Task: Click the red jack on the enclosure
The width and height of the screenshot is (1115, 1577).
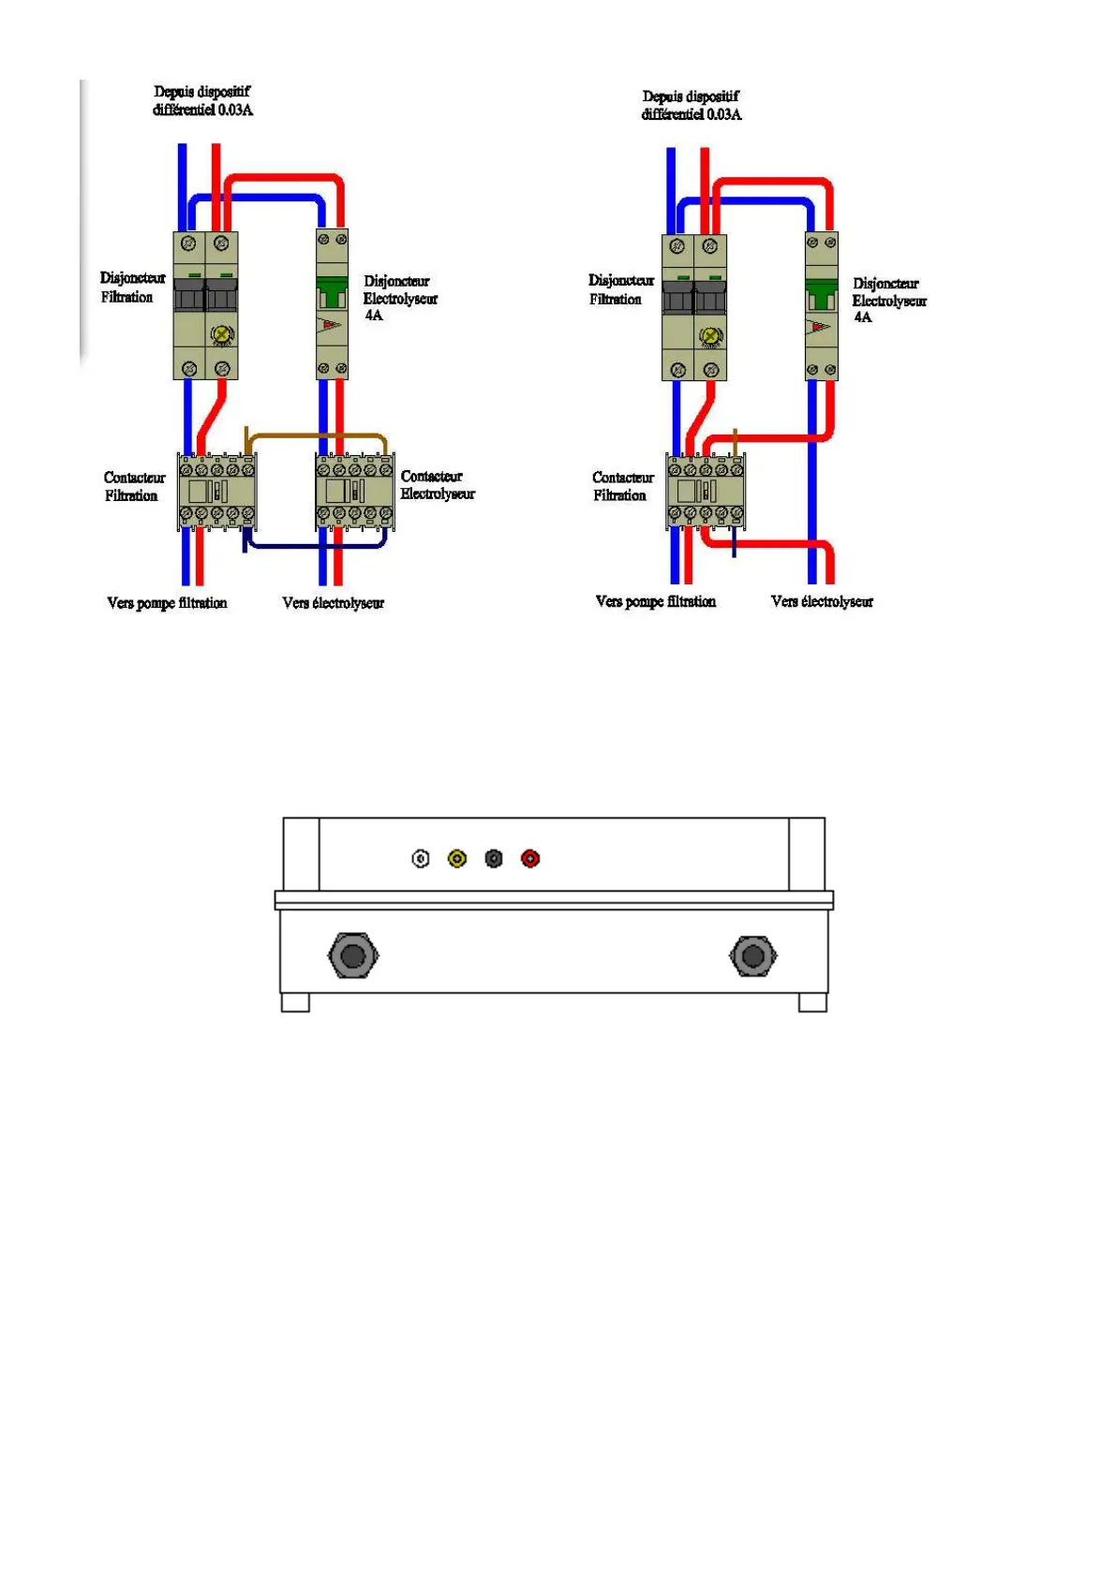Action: click(530, 858)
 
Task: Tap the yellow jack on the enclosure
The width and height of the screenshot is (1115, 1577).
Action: click(457, 858)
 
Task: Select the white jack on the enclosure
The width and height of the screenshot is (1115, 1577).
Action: click(421, 858)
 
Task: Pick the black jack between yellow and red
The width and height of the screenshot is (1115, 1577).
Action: click(494, 858)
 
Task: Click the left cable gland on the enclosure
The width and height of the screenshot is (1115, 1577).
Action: click(352, 955)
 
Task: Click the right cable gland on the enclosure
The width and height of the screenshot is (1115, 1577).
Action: click(752, 955)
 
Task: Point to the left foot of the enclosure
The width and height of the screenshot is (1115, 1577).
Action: click(295, 1002)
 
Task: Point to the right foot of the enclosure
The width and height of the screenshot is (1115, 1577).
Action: click(812, 1002)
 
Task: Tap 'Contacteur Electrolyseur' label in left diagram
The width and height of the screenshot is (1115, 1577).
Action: click(437, 485)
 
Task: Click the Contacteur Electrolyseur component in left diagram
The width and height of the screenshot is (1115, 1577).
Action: click(354, 492)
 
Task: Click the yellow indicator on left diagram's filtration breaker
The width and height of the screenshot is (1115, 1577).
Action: click(222, 334)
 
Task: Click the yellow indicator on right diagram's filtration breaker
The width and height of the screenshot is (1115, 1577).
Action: click(711, 337)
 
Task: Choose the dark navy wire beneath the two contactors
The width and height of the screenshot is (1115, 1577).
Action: click(315, 546)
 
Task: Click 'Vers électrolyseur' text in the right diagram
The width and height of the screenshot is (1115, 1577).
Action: click(822, 601)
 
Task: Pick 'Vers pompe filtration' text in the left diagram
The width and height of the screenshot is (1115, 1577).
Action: click(167, 603)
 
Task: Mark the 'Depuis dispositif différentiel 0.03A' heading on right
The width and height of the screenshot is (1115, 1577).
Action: click(691, 105)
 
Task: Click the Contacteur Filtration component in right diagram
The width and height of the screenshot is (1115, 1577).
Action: click(706, 492)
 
